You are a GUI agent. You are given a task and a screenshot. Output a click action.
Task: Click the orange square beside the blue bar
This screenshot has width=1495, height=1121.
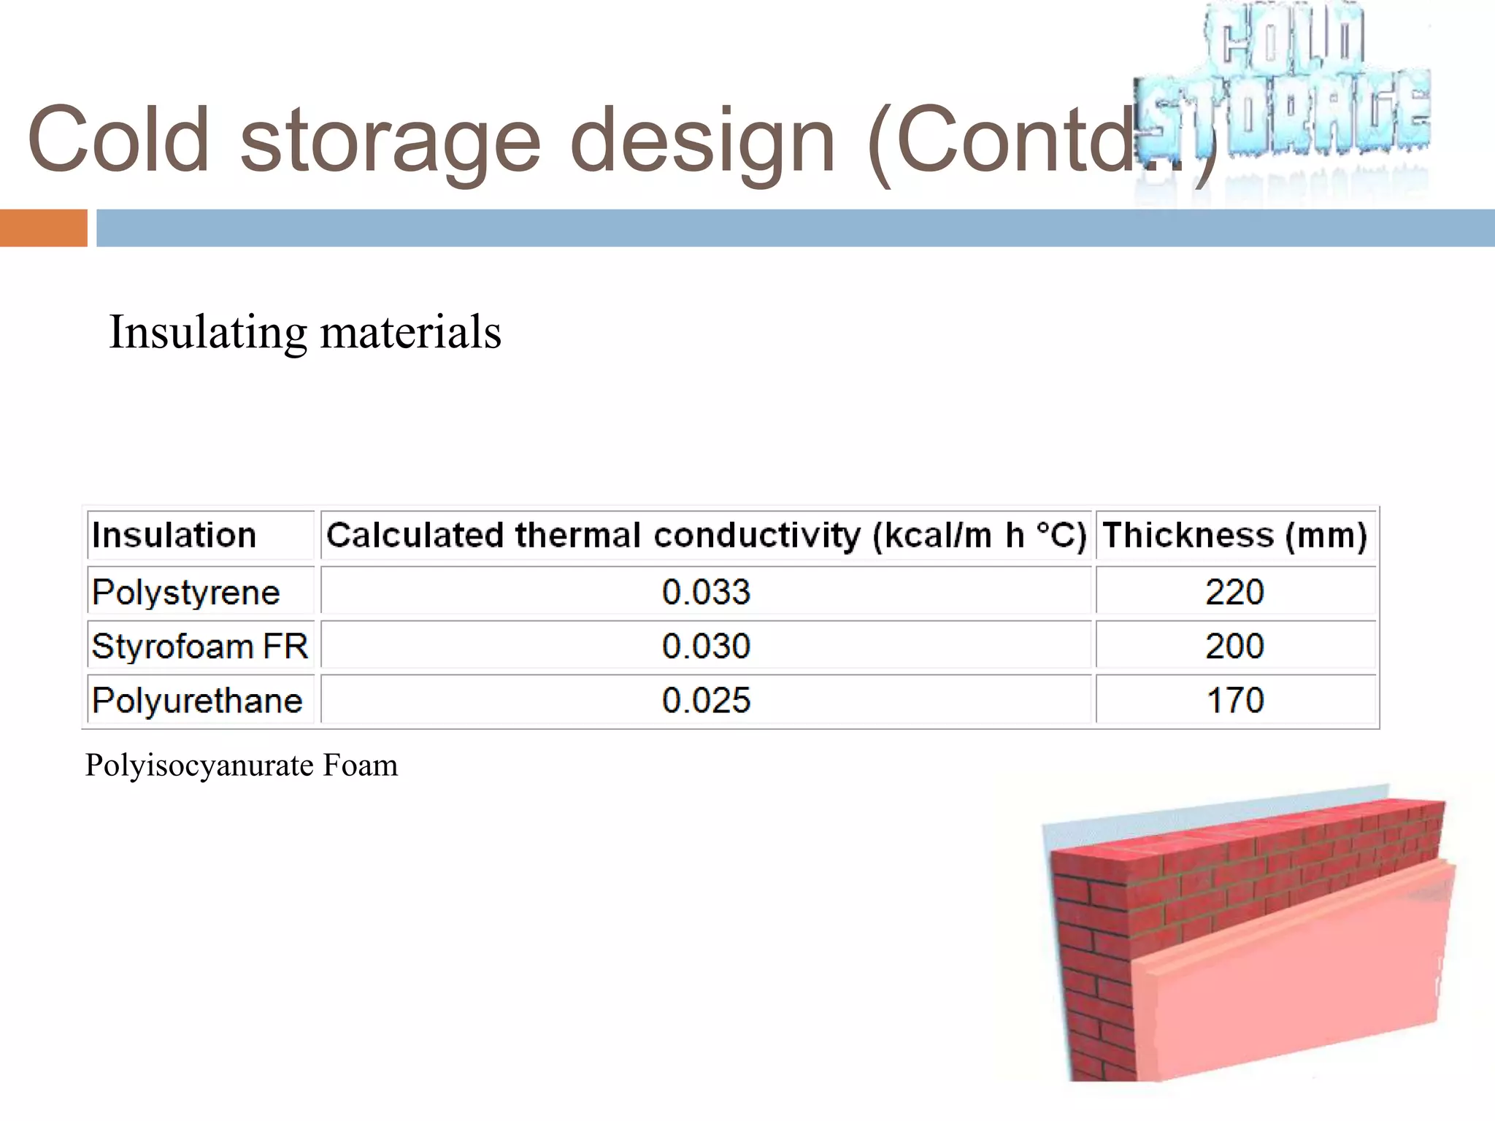coord(43,228)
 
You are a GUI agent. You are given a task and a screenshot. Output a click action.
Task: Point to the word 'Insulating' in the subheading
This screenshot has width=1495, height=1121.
coord(208,332)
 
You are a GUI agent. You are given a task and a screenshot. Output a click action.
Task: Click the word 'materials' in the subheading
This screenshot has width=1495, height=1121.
coord(410,332)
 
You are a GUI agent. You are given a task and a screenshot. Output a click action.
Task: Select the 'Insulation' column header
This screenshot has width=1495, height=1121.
coord(174,535)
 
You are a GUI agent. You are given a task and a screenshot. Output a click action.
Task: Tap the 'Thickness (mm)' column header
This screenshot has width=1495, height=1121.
coord(1234,535)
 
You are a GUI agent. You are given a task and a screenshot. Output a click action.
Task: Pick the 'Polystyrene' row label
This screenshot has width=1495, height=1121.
coord(185,592)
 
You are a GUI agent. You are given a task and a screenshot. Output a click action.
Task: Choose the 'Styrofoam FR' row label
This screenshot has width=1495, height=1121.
coord(199,647)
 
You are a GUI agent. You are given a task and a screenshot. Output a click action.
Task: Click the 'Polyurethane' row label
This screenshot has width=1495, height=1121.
coord(197,701)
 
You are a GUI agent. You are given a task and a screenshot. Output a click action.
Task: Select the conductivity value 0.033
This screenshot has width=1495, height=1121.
coord(706,592)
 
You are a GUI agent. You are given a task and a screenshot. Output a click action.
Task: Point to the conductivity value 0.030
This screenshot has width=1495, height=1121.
coord(706,647)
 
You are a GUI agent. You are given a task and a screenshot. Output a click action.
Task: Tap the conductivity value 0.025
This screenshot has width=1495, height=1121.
coord(706,701)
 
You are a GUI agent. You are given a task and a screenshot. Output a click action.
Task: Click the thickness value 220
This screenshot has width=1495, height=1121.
coord(1234,592)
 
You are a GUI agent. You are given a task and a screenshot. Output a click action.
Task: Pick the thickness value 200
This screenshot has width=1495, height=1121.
coord(1234,647)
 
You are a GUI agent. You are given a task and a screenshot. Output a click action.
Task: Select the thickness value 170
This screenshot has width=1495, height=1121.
coord(1234,701)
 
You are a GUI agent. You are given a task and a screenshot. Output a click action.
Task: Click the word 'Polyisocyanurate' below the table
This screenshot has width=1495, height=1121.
coord(199,766)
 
